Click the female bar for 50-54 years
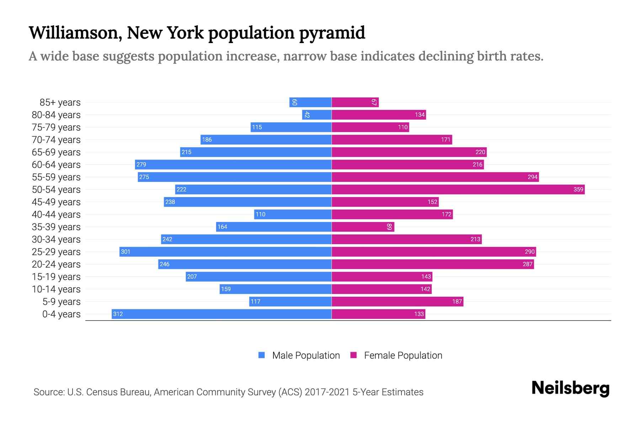(458, 189)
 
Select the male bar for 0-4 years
(222, 314)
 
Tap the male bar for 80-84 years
(317, 115)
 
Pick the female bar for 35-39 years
(363, 227)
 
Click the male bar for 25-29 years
(225, 252)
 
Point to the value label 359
(578, 189)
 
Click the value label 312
(118, 314)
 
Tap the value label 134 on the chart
(420, 115)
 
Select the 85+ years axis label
(60, 102)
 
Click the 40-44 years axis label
(56, 215)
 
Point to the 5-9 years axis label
(62, 302)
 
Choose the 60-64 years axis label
(56, 165)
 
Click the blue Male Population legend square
(262, 355)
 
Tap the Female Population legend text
(403, 355)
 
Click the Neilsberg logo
(570, 388)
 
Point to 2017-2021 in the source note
(327, 392)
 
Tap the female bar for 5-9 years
(398, 301)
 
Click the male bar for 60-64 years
(233, 164)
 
